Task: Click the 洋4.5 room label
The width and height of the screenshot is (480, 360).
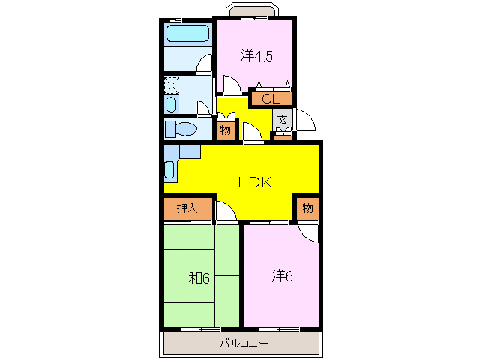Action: click(x=256, y=55)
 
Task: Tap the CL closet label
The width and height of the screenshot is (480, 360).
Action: click(x=271, y=98)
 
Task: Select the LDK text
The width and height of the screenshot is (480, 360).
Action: click(x=249, y=182)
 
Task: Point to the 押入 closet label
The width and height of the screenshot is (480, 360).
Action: click(x=187, y=208)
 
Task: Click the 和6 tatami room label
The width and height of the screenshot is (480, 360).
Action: click(x=199, y=278)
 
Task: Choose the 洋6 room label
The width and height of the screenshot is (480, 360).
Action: click(x=281, y=275)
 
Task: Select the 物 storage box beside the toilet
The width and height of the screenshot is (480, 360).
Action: click(x=225, y=131)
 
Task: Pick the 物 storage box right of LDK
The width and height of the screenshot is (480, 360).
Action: click(x=307, y=208)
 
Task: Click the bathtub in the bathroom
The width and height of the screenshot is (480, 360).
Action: click(x=187, y=33)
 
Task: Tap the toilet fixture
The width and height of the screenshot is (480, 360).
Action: click(x=180, y=129)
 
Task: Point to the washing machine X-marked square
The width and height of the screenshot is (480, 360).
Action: click(x=172, y=83)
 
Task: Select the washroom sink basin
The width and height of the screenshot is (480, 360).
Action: click(x=172, y=103)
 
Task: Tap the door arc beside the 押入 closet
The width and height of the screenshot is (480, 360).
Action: click(x=225, y=214)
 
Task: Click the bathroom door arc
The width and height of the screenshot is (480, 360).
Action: click(x=205, y=64)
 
